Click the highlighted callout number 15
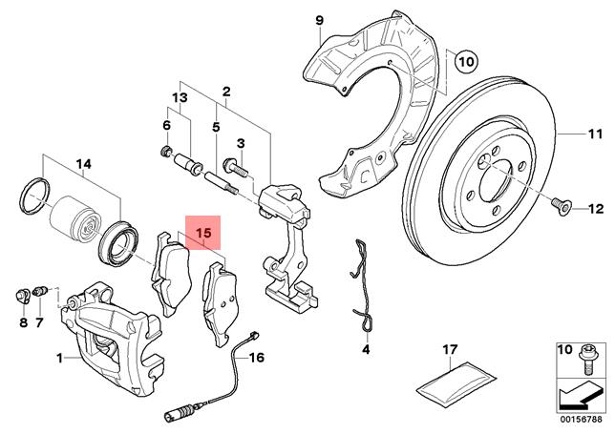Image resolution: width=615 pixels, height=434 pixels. pos(203,233)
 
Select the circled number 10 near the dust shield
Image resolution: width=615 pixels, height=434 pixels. pos(467,61)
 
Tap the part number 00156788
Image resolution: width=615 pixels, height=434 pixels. pos(583,419)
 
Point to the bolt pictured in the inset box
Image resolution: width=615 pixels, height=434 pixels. pos(586,360)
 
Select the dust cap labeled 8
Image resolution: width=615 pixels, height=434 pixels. pos(23,296)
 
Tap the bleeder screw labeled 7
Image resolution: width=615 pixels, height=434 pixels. pos(40,292)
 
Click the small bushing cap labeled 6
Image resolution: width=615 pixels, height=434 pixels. pos(167,150)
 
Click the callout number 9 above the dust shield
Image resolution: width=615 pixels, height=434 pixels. pos(319,20)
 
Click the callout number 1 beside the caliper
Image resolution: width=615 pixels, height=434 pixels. pos(59,358)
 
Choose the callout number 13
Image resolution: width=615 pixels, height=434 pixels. pos(180,97)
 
